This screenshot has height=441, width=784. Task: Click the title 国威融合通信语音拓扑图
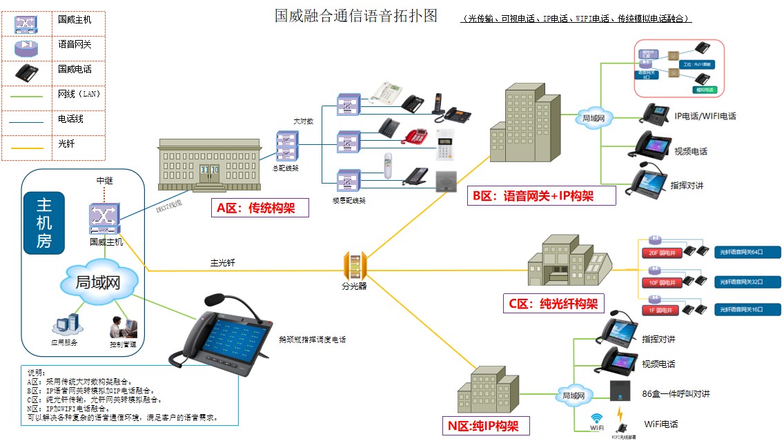pyautogui.click(x=356, y=15)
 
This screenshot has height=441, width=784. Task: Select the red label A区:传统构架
pyautogui.click(x=255, y=208)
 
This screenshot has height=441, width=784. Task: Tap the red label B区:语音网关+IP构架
pyautogui.click(x=542, y=196)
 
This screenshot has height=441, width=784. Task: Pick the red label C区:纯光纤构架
pyautogui.click(x=553, y=302)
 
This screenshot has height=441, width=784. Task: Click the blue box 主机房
pyautogui.click(x=45, y=222)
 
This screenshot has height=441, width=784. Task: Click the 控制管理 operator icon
pyautogui.click(x=123, y=327)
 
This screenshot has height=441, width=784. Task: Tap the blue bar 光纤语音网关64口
pyautogui.click(x=747, y=252)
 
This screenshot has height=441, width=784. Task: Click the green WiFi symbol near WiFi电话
pyautogui.click(x=597, y=420)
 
